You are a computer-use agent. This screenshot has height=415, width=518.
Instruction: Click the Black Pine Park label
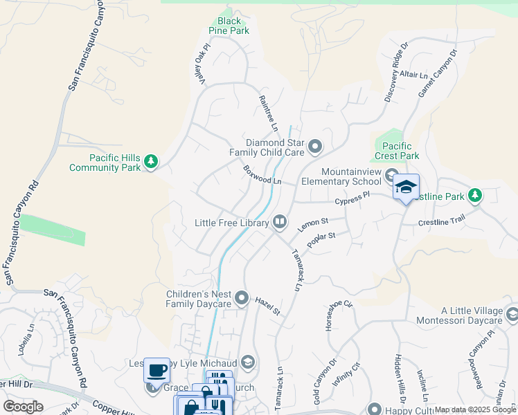coord(229,26)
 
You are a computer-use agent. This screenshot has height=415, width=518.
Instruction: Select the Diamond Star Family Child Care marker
coord(316,146)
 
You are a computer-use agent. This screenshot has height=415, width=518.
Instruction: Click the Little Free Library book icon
coord(280,222)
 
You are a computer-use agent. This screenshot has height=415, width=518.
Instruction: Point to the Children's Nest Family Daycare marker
coord(242,298)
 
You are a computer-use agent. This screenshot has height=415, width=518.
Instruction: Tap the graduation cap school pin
coord(407,187)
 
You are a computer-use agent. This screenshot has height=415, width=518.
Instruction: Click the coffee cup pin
coord(157,369)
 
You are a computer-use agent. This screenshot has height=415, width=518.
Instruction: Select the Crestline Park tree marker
coord(474,196)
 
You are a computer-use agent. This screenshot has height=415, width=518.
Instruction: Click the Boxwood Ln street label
coord(262,174)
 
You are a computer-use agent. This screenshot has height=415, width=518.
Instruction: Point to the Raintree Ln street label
coord(268,113)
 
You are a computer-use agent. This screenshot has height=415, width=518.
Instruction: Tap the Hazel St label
coord(267,306)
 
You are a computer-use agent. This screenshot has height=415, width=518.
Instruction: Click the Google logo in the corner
coord(23,407)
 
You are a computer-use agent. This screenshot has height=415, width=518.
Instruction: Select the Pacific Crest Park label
coord(396,151)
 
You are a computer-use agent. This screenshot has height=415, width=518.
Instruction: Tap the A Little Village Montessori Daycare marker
coord(512,315)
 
